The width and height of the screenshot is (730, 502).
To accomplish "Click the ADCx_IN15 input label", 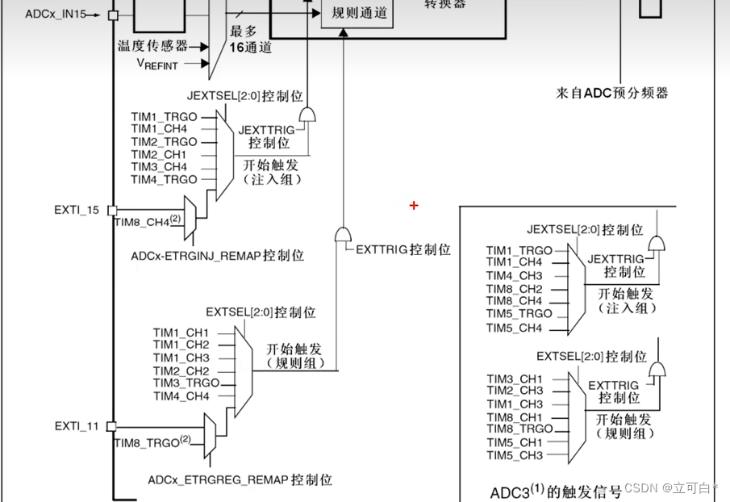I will (52, 15).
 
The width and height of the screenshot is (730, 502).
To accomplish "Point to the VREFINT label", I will (157, 64).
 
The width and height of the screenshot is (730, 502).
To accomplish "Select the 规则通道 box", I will (359, 13).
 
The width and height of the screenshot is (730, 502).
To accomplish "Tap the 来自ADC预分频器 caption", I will (612, 93).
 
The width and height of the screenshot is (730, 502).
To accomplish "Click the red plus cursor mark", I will (414, 206).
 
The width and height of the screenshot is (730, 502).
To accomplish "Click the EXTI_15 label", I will (77, 210).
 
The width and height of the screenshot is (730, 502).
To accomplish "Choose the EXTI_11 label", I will (77, 425).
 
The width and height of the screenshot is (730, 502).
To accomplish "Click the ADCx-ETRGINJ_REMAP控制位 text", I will (217, 256).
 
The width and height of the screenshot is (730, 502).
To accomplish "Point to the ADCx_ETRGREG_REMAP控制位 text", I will (240, 479).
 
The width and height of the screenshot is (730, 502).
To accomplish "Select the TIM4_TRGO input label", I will (164, 179).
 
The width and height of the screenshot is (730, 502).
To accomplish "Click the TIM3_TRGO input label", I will (186, 383).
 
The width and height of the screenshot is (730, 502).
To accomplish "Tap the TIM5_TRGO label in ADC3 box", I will (519, 313).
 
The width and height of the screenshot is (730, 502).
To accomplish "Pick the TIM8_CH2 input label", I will (514, 289).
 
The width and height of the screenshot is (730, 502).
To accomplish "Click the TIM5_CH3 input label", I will (514, 455).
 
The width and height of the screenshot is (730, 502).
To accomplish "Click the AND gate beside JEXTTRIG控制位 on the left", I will (307, 115).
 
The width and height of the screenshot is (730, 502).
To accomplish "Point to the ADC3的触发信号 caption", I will (556, 492).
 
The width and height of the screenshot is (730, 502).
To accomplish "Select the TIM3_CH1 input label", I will (514, 379).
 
